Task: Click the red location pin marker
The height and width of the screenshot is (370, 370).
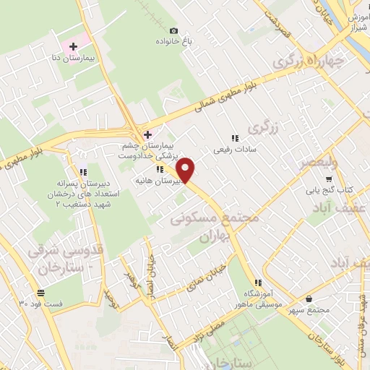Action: click(186, 170)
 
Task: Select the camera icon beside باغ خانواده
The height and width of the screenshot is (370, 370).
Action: click(173, 30)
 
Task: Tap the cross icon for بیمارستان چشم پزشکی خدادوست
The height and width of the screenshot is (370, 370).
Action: click(147, 134)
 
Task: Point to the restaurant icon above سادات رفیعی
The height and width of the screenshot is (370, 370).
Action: click(233, 137)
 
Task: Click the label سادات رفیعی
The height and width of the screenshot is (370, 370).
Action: click(231, 150)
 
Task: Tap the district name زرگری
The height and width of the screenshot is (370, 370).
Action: click(262, 128)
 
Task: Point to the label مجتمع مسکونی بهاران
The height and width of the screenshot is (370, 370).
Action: click(205, 226)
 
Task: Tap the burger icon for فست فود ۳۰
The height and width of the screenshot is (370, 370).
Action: click(40, 293)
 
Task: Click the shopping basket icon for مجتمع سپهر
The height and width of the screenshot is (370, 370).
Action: click(309, 298)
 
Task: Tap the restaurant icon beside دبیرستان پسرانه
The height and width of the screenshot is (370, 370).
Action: click(82, 172)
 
